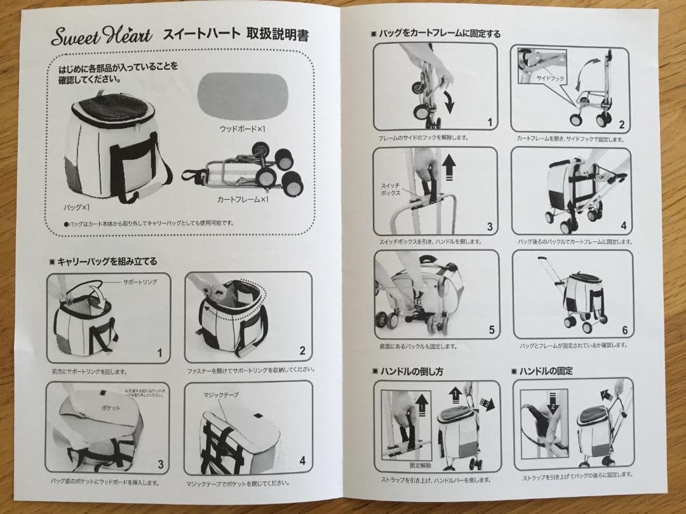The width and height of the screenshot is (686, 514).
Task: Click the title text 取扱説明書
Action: pos(278,35)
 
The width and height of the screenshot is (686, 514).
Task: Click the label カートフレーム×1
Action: pos(243,199)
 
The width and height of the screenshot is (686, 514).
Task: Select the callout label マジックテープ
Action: pos(221,395)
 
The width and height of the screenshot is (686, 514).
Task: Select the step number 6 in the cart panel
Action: pos(624,330)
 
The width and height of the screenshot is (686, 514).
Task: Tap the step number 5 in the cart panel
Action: pos(490,330)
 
